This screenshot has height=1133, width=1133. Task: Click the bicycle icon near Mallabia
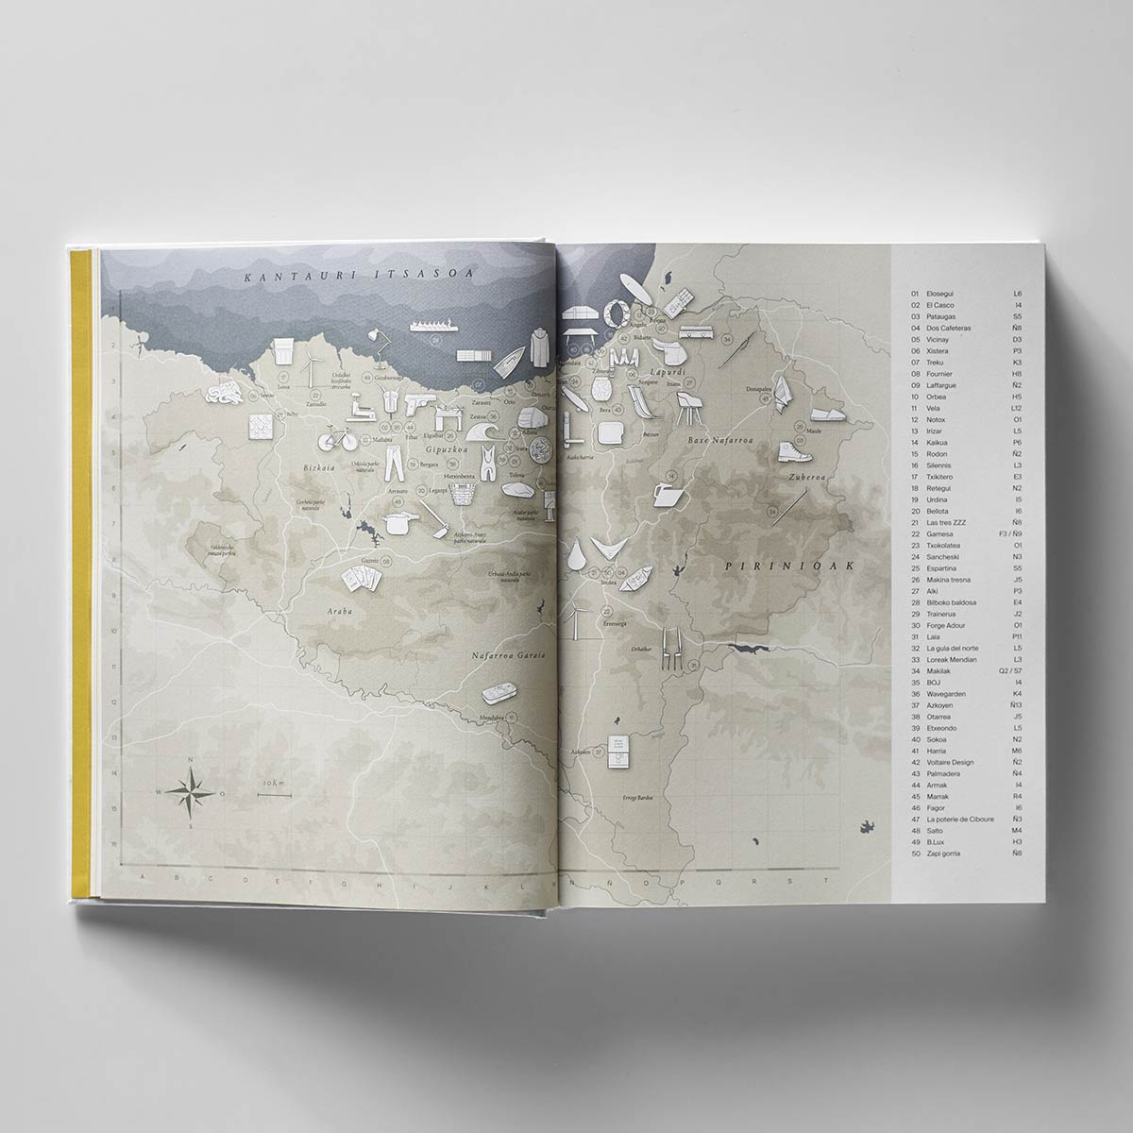(x=335, y=439)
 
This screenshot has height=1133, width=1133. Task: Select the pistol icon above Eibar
(x=417, y=404)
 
